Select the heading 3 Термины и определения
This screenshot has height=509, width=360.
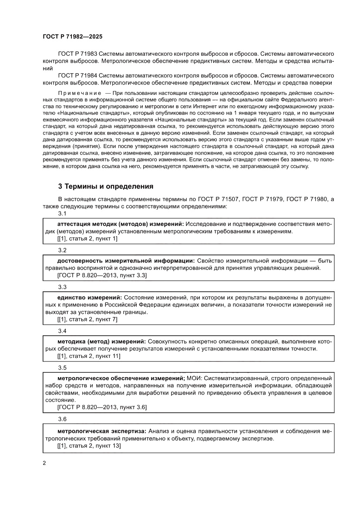point(105,186)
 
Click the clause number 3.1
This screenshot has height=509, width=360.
point(62,213)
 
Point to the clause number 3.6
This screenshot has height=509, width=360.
point(62,419)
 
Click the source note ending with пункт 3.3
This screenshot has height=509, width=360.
point(102,275)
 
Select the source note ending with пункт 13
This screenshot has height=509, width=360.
point(89,446)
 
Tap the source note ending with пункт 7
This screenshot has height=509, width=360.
point(87,319)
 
